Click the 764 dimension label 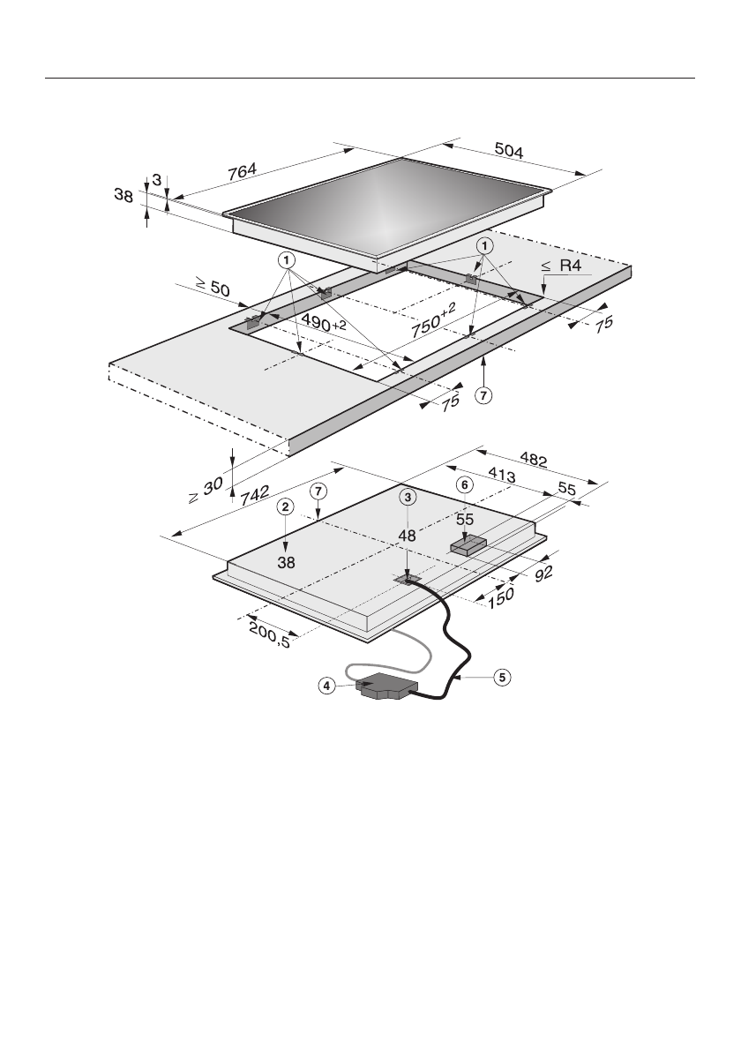coord(243,173)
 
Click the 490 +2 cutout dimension coord(322,324)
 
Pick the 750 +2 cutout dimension coord(433,325)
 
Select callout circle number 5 coord(501,678)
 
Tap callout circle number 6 coord(465,485)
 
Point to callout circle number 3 coord(407,498)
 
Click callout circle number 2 coord(284,506)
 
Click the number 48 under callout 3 coord(407,536)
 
